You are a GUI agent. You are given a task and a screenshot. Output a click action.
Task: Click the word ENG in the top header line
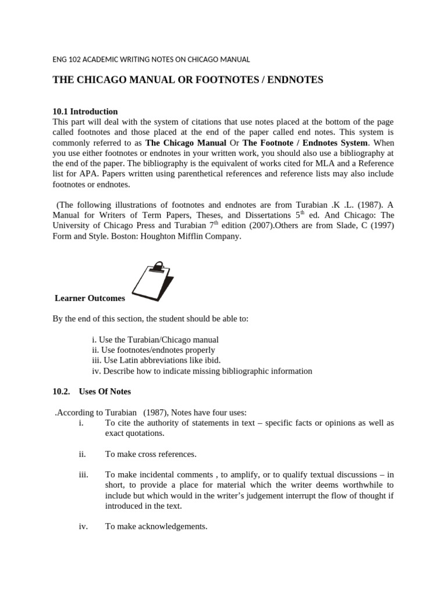pos(60,59)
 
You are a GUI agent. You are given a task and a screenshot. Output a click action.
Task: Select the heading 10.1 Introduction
pos(85,111)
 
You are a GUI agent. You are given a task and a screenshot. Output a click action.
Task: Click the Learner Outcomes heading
pos(90,298)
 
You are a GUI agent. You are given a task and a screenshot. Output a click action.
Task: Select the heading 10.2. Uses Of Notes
pos(91,392)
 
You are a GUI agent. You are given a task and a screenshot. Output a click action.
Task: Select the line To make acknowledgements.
pos(156,526)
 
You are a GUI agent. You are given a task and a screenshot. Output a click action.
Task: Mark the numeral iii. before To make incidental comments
pos(83,474)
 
